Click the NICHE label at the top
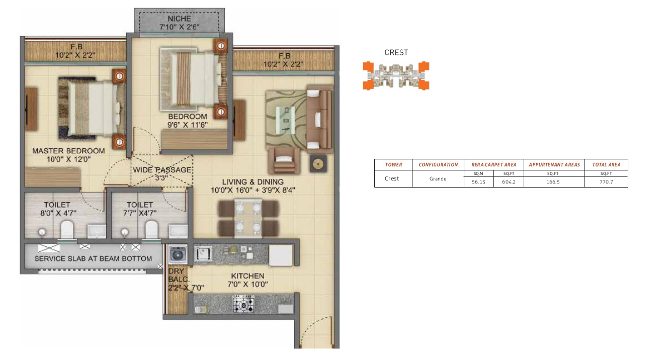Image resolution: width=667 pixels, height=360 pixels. pos(177,19)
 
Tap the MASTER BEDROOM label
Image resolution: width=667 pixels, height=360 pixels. pos(68,151)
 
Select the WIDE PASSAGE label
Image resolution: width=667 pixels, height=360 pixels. pos(162,170)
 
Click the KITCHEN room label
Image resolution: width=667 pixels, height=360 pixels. pos(247,276)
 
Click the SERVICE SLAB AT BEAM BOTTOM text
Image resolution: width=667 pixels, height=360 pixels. pos(93,258)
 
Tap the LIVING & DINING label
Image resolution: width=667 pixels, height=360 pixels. pos(254,182)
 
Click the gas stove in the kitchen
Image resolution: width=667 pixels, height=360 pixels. pos(243,304)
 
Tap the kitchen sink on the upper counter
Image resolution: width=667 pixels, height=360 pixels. pos(203,254)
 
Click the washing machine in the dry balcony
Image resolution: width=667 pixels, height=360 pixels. pos(177,255)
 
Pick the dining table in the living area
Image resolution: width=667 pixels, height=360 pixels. pos(247,219)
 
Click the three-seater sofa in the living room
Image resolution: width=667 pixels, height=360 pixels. pos(319,120)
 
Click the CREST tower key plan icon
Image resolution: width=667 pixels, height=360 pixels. pos(396,75)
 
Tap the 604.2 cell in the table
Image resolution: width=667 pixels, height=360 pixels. pos(508,182)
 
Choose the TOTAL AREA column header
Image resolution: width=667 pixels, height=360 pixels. pos(606,164)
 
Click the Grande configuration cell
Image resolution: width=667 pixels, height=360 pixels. pos(438,178)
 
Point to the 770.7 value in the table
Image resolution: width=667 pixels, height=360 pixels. pos(606,182)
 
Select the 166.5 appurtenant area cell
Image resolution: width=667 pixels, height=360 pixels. pos(554,182)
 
